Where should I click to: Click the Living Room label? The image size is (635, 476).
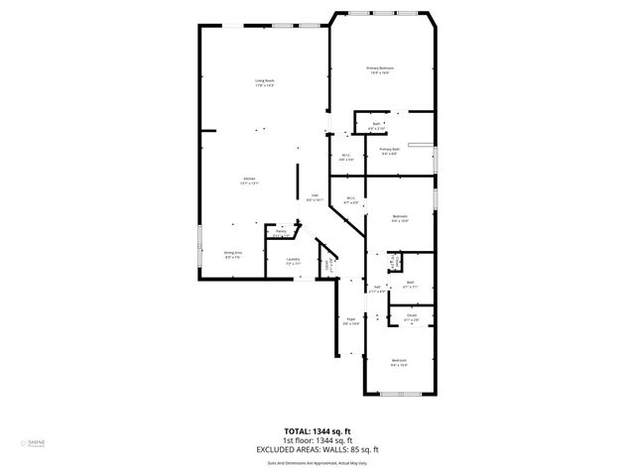263,80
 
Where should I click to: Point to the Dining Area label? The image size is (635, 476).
233,252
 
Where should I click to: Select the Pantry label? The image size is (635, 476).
282,231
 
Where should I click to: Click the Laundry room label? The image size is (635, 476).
293,260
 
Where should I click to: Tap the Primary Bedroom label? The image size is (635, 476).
380,67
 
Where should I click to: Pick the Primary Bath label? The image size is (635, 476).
389,149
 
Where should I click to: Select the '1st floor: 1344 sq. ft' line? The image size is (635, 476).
317,440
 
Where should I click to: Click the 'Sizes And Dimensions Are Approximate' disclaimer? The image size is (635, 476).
317,461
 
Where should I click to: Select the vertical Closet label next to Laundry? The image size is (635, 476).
328,266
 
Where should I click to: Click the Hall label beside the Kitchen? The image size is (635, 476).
315,194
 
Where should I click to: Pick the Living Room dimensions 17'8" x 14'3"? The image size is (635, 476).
263,86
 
